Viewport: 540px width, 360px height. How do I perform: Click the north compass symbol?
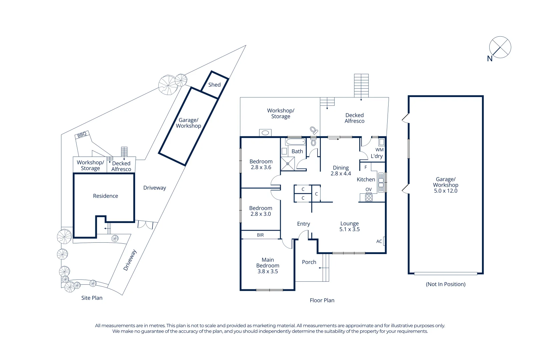tap(500, 47)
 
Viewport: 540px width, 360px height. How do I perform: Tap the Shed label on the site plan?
tap(214, 85)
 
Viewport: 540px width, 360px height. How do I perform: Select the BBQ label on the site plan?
tap(82, 135)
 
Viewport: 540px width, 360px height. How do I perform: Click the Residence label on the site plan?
tap(105, 196)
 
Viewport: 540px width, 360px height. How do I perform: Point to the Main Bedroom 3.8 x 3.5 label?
tap(267, 266)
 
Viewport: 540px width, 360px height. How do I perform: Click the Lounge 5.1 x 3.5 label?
tap(350, 226)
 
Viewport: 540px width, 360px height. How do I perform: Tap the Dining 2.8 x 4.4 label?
tap(341, 171)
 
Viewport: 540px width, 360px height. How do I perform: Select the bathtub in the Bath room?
tap(296, 142)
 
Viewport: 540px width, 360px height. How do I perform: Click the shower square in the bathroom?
tap(288, 164)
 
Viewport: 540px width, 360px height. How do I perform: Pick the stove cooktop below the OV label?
tap(369, 197)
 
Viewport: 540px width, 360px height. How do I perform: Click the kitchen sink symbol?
tap(381, 182)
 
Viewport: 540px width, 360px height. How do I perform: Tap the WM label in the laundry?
tap(379, 150)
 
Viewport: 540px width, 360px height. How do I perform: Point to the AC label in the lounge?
tap(379, 241)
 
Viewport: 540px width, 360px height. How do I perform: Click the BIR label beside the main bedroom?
tap(260, 235)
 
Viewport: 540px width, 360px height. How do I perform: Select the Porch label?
tap(309, 262)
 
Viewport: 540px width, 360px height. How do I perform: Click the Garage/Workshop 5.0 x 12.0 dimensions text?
tap(446, 191)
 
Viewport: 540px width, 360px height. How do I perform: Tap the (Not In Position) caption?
tap(446, 284)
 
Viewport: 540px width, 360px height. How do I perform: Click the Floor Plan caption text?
tap(322, 300)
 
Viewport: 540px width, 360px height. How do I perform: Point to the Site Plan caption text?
tap(92, 298)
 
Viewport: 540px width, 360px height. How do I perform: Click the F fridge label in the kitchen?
tap(366, 167)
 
